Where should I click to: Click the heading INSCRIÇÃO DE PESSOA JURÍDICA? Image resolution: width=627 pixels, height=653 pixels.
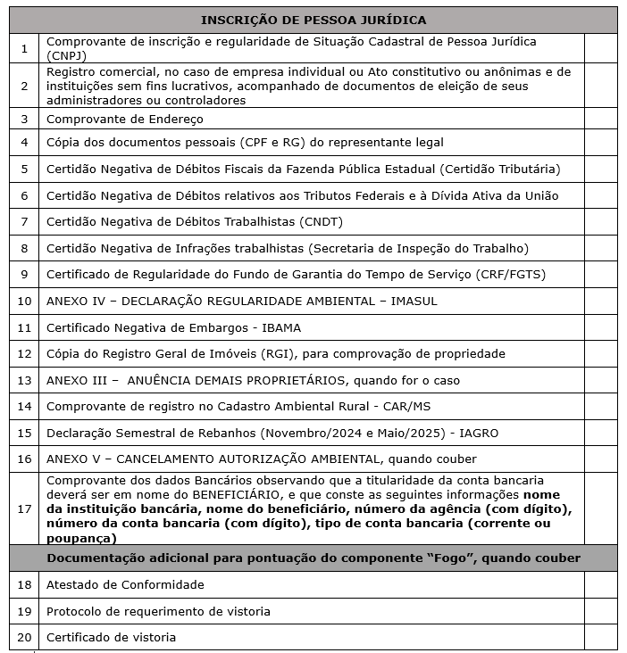click(313, 20)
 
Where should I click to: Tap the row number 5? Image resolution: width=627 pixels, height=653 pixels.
click(24, 169)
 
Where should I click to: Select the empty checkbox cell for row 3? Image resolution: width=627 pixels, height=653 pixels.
click(600, 119)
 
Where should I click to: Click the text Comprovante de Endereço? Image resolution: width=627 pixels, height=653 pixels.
click(125, 119)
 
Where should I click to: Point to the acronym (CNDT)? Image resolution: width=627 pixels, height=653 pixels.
click(322, 221)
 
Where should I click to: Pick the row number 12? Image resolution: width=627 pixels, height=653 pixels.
click(24, 354)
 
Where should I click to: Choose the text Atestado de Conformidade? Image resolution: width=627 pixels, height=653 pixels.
click(125, 584)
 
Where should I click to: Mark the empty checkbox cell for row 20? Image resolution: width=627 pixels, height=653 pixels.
click(600, 638)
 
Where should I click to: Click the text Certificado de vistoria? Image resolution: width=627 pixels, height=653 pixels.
click(111, 638)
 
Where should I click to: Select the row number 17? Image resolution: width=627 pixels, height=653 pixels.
click(24, 508)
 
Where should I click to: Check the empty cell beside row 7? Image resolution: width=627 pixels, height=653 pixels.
click(600, 221)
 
